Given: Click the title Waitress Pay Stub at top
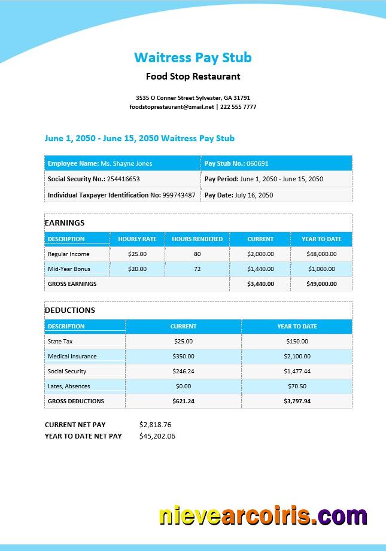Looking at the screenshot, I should (x=193, y=57).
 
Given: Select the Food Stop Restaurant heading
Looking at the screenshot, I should (x=193, y=77).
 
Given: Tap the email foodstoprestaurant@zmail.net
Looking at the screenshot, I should (x=172, y=107).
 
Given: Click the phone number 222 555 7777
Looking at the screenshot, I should (x=238, y=107).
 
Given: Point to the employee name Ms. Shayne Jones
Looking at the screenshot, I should (x=126, y=163).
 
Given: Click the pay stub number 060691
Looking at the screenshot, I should (x=257, y=163).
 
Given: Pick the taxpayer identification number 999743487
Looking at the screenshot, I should (x=179, y=195).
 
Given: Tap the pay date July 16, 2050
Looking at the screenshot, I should (x=254, y=195).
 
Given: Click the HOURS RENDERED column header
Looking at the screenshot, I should (x=197, y=239).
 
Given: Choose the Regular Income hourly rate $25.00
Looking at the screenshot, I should (x=137, y=254).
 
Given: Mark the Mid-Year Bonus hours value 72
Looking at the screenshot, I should (x=197, y=269).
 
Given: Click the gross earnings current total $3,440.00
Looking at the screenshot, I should (x=260, y=284).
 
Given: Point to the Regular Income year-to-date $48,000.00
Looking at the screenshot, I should (x=321, y=254).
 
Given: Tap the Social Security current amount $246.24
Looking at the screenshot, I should (x=183, y=372).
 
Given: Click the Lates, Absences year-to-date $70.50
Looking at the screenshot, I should (x=297, y=386).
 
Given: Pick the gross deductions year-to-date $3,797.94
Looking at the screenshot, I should (x=297, y=401).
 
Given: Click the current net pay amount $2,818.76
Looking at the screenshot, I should (x=155, y=425).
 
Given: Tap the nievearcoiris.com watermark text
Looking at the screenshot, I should (x=263, y=516).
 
